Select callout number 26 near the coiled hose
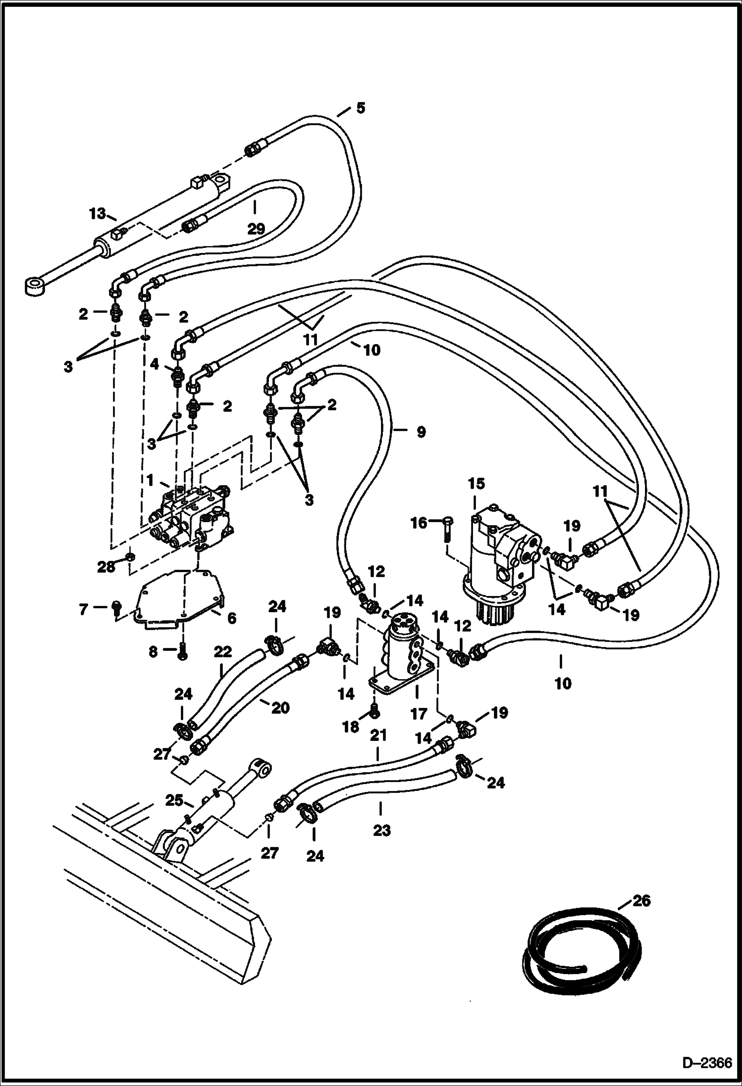(642, 900)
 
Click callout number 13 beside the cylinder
(98, 214)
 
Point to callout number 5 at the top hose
(360, 107)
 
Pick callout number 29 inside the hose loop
(256, 229)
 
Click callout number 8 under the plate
(154, 652)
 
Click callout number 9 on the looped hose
(421, 432)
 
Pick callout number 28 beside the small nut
(106, 567)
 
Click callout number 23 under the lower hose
(381, 830)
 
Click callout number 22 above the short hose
(223, 652)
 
